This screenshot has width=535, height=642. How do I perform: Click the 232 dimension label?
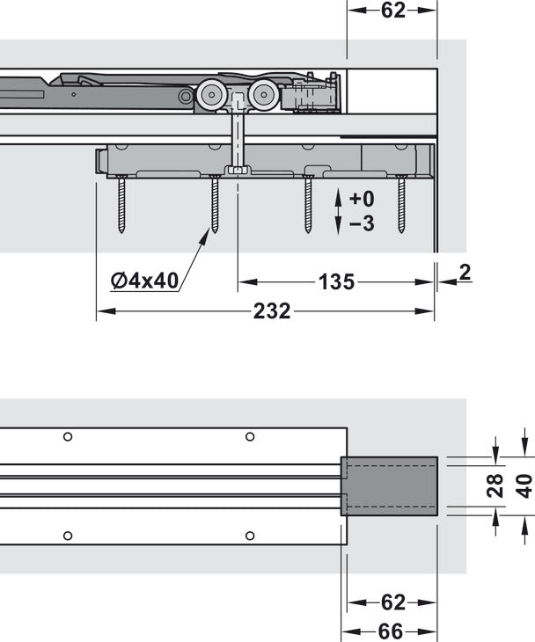pyautogui.click(x=272, y=311)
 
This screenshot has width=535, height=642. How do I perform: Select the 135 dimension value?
pyautogui.click(x=336, y=282)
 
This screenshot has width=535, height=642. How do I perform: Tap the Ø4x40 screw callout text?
pyautogui.click(x=144, y=281)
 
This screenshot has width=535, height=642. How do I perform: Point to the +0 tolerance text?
pyautogui.click(x=362, y=199)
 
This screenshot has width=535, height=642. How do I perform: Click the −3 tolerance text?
pyautogui.click(x=362, y=223)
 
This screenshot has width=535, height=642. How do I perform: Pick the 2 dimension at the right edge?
pyautogui.click(x=465, y=273)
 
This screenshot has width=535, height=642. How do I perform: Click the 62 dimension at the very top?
pyautogui.click(x=392, y=11)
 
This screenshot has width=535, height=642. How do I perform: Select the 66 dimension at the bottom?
pyautogui.click(x=391, y=631)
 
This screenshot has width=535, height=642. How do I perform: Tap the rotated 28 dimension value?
pyautogui.click(x=495, y=485)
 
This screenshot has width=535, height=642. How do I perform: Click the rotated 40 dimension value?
pyautogui.click(x=524, y=485)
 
